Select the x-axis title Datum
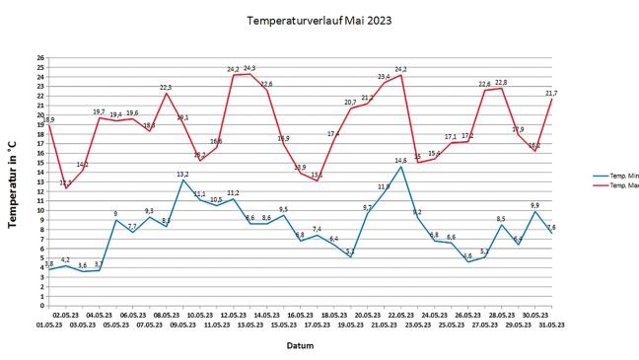(x=300, y=345)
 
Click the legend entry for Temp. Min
(x=619, y=178)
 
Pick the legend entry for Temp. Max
(x=619, y=185)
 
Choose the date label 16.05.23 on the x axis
(x=301, y=315)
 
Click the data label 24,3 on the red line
(x=249, y=68)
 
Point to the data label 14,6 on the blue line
(x=400, y=160)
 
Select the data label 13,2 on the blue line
(x=182, y=174)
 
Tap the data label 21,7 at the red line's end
(x=552, y=93)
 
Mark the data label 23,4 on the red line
(x=384, y=76)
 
